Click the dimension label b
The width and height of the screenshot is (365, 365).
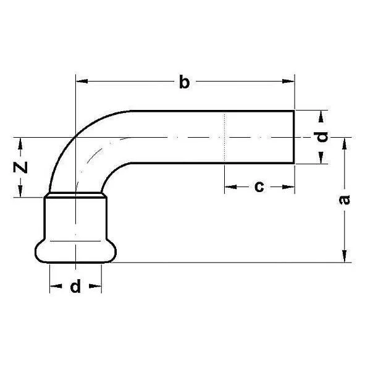183,82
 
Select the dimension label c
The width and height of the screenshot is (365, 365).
259,186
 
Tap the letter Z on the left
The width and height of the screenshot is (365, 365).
21,167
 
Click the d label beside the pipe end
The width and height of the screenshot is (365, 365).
322,137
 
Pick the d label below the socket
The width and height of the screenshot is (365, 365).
75,287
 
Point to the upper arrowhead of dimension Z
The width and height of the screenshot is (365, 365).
21,143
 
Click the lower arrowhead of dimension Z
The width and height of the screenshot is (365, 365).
21,191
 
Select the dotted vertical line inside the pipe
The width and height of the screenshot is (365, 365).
224,137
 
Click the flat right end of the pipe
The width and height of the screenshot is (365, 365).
295,137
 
